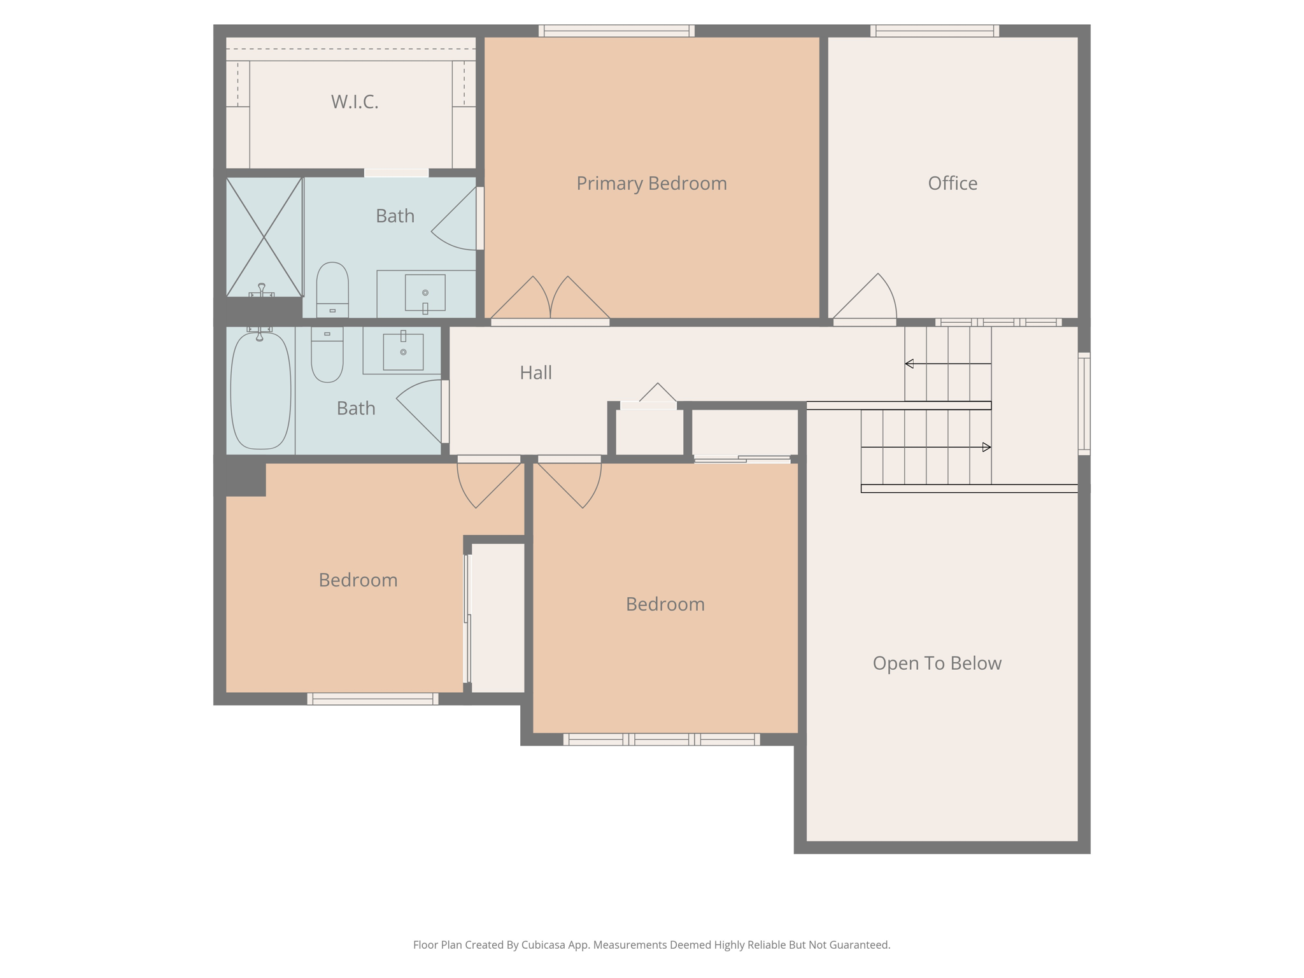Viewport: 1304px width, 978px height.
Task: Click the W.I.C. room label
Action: coord(355,102)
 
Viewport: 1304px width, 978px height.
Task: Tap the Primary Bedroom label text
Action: coord(651,183)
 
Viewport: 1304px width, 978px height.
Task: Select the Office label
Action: coord(952,183)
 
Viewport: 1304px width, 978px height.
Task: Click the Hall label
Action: coord(535,372)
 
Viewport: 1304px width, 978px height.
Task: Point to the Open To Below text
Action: coord(937,663)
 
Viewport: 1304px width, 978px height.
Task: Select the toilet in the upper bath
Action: coord(332,289)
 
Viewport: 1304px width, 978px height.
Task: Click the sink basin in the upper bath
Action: coord(425,292)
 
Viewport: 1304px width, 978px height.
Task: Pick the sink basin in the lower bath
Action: coord(403,351)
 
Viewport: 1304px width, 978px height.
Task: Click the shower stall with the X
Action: coord(264,237)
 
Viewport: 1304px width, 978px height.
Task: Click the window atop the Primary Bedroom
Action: coord(616,31)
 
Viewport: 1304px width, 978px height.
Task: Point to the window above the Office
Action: coord(934,31)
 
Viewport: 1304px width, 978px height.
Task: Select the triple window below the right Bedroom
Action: coord(662,739)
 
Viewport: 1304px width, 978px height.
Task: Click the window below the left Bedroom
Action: coord(372,698)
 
